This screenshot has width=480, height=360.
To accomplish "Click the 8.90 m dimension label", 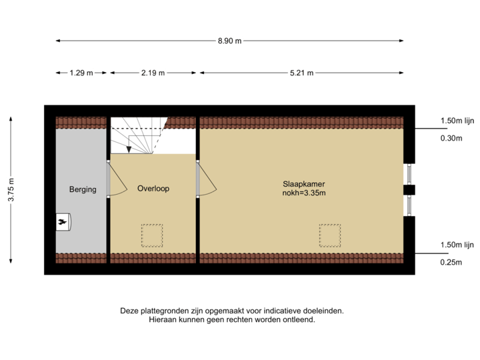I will pos(229,41).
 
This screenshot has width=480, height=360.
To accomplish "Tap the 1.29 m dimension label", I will pos(81,73).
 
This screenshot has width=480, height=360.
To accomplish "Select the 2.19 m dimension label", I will pos(153,73).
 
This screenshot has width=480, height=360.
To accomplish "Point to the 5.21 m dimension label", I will pos(301,73).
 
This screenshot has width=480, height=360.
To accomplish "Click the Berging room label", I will pos(83,189).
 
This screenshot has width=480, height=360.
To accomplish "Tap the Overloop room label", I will pos(153,189).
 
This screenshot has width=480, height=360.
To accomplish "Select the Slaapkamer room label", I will pos(303,184).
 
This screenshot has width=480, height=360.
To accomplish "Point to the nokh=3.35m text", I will pos(303,194).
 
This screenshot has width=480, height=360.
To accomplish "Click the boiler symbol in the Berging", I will pos(64,222).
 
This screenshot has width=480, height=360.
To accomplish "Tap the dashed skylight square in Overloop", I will pos(151,235).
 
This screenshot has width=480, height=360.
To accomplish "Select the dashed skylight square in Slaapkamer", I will pos(329,235).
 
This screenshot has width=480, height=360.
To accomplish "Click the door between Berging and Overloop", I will pos(115,179).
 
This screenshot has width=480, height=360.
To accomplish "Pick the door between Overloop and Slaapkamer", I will pos(203,179).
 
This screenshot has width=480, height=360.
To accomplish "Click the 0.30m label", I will pos(451,139).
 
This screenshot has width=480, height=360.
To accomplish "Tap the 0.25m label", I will pos(451,262).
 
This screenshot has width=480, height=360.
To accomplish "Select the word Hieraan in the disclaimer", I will pos(162,319).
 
